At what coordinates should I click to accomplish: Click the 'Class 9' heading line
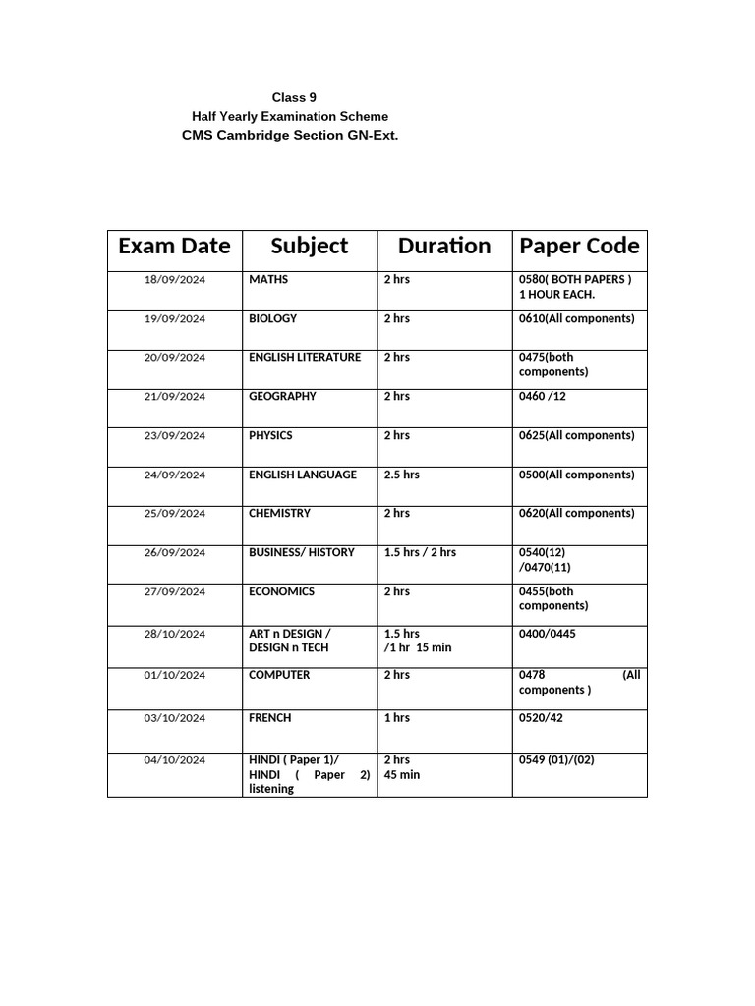[294, 97]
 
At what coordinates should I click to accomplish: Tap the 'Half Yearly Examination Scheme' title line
[290, 116]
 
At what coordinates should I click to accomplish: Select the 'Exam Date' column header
[174, 246]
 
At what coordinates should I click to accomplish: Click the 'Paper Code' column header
[579, 246]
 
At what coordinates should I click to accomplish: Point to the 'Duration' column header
[443, 246]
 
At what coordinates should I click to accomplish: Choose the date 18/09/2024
[175, 280]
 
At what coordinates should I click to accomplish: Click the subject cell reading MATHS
[268, 280]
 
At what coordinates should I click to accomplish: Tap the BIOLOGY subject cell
[272, 319]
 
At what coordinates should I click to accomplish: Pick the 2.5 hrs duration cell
[401, 475]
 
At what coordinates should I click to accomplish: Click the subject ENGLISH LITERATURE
[305, 358]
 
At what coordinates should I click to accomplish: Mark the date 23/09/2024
[175, 436]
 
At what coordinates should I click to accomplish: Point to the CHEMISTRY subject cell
[279, 514]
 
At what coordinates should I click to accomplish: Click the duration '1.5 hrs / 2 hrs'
[420, 553]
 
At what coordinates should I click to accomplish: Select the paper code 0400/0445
[548, 634]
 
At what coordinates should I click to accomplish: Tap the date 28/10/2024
[175, 635]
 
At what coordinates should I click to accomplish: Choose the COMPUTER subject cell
[279, 675]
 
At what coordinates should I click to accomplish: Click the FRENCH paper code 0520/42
[541, 718]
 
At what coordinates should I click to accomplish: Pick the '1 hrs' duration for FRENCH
[397, 718]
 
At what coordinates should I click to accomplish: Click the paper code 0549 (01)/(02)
[556, 760]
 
